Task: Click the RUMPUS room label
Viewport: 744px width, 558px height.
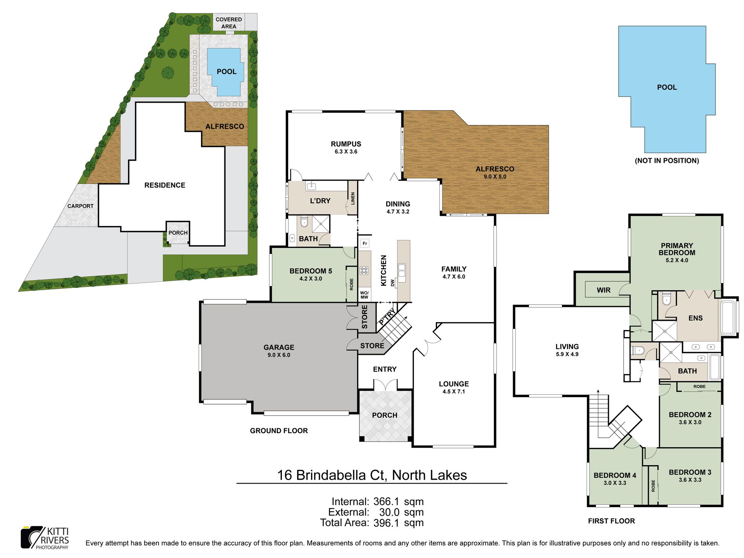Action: pos(346,144)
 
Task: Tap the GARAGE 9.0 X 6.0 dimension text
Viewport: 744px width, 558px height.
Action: pos(279,355)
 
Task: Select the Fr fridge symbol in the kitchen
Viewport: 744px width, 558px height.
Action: pos(365,244)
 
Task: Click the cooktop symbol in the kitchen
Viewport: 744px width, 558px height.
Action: pos(364,270)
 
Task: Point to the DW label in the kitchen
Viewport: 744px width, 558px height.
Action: pos(392,282)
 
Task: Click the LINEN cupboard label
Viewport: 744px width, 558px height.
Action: pos(353,199)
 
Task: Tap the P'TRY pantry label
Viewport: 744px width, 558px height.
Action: pos(387,316)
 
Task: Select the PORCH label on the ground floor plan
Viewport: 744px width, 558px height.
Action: pos(385,415)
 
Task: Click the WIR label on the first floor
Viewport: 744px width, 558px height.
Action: pos(603,290)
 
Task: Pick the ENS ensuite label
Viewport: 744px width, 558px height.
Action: pos(695,318)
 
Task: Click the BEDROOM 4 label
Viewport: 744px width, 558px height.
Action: pos(615,475)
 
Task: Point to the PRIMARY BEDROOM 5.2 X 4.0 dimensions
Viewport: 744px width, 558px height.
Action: pos(677,260)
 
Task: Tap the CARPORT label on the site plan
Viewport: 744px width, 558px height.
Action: pos(80,206)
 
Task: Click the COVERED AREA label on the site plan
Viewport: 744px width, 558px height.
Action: pos(229,23)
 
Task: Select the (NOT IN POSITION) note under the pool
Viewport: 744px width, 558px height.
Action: pos(667,161)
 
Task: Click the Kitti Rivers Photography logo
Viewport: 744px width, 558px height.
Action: pos(45,538)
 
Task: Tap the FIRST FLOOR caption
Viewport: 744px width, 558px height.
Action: pos(611,521)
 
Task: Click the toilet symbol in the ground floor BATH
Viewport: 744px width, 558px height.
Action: pos(304,222)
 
